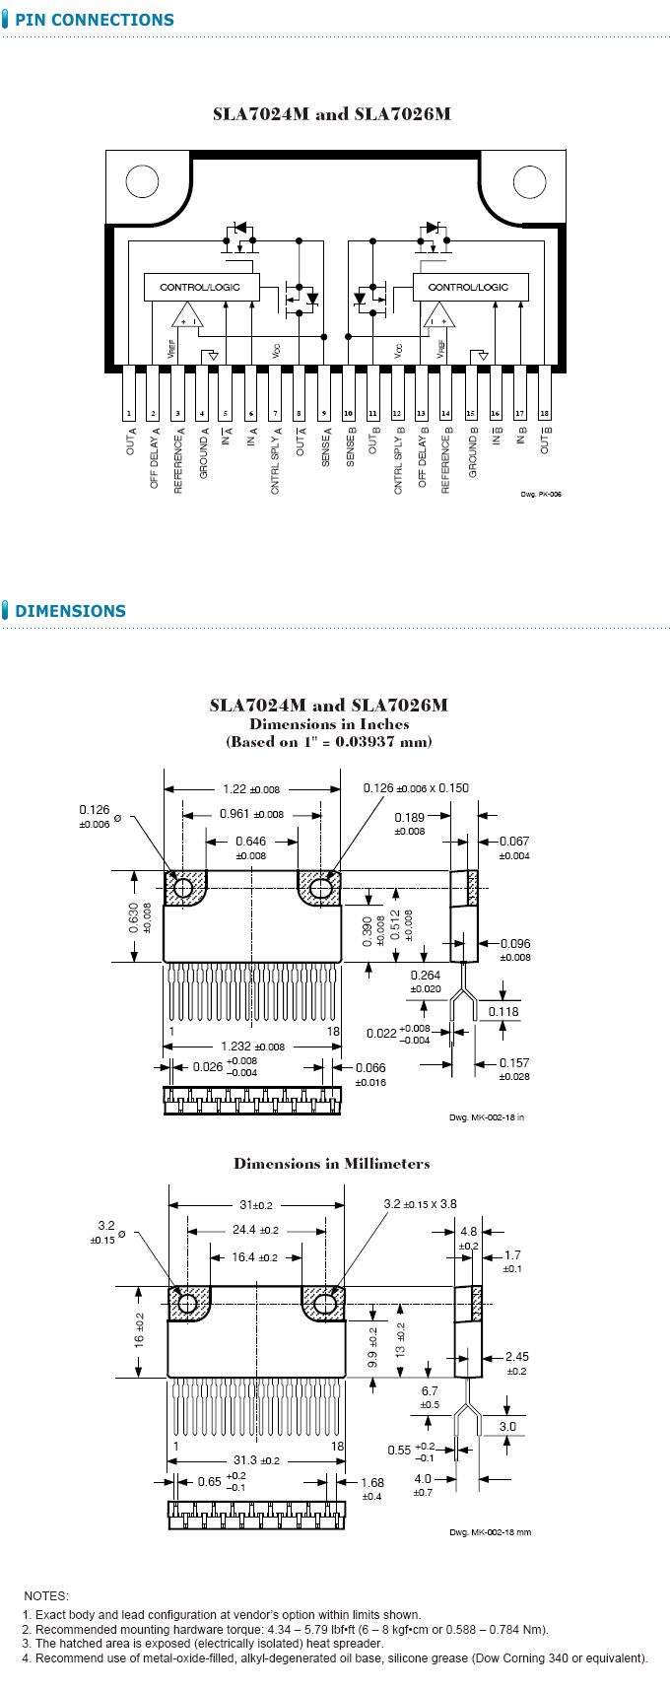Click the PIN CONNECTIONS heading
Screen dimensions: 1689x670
94,20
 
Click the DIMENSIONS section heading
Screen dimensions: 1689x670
70,611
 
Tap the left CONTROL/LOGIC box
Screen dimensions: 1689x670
202,287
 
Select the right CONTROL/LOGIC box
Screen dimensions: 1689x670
470,287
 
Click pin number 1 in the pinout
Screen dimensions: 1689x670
129,414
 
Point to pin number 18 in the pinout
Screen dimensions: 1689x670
544,414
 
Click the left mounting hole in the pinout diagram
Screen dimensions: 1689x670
142,181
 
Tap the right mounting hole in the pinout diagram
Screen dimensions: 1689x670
529,181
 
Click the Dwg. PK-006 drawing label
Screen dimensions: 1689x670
541,494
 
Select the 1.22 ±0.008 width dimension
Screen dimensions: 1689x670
250,789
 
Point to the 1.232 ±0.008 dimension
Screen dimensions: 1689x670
252,1047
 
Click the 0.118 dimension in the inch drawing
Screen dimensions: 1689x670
503,1011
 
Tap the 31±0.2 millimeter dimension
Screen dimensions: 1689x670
255,1205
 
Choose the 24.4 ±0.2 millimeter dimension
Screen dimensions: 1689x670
255,1230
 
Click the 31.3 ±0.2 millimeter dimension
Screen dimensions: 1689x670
255,1460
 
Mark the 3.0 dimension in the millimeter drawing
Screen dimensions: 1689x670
507,1426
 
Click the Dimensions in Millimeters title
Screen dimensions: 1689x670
331,1164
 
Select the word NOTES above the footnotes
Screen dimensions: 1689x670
46,1595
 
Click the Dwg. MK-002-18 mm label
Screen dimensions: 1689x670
490,1532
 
